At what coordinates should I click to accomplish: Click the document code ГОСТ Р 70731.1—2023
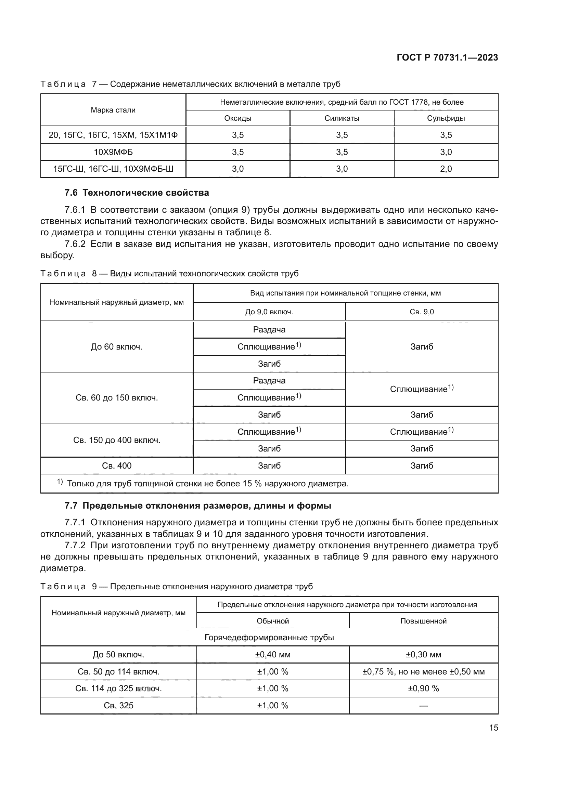click(447, 57)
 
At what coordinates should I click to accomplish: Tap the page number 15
click(493, 727)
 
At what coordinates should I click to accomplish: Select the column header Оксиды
click(238, 118)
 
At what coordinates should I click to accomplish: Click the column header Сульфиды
click(446, 118)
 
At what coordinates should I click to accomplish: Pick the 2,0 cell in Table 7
click(446, 169)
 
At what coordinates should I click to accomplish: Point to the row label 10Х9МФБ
click(113, 152)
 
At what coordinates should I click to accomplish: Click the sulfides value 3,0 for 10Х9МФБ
click(446, 152)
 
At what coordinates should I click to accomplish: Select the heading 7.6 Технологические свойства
click(137, 193)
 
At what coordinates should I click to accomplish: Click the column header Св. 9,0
click(422, 312)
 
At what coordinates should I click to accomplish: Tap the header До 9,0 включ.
click(269, 312)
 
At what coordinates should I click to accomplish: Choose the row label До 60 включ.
click(117, 347)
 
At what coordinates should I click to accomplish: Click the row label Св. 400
click(117, 465)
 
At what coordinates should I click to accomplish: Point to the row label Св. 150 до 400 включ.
click(117, 440)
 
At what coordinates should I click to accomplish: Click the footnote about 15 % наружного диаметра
click(207, 484)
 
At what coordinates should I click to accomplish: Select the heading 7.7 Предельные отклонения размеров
click(197, 506)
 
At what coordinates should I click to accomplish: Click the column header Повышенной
click(423, 621)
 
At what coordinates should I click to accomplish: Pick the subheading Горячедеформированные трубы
click(269, 638)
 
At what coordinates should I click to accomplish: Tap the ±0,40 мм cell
click(272, 655)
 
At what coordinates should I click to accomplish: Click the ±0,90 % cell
click(423, 688)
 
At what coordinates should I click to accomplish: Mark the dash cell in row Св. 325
click(423, 706)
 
